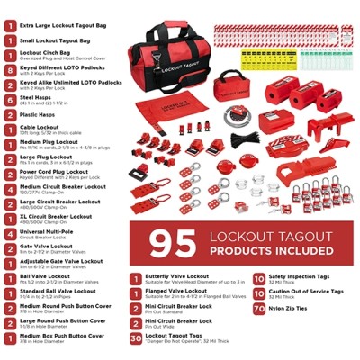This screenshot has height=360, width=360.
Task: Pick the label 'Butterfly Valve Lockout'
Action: tap(180, 279)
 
